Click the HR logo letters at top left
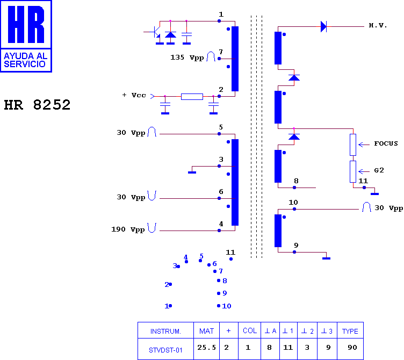click(x=26, y=24)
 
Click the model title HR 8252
click(x=37, y=105)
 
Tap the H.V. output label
click(x=378, y=25)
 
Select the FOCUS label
click(x=386, y=143)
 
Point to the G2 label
click(x=379, y=170)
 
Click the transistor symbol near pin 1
click(x=155, y=32)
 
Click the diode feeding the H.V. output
click(x=323, y=26)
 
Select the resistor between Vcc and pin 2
click(x=192, y=97)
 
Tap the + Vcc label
click(x=134, y=95)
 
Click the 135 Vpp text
click(x=187, y=57)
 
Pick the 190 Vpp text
click(x=128, y=229)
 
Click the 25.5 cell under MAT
click(x=207, y=347)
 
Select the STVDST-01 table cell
click(x=165, y=350)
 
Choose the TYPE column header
click(x=350, y=331)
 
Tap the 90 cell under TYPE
click(x=352, y=347)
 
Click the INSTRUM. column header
click(x=165, y=331)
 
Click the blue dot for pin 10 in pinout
click(x=219, y=306)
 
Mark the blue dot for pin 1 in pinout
click(x=170, y=306)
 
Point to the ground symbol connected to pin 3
click(x=192, y=172)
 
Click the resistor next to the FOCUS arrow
click(x=353, y=145)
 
